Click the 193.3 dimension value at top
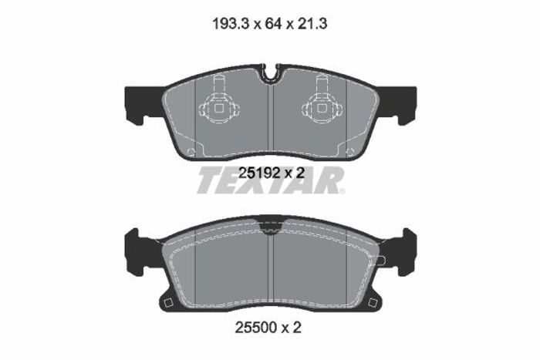[231, 24]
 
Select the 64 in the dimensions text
[273, 24]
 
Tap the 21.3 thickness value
[312, 24]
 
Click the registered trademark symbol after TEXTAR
[342, 191]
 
